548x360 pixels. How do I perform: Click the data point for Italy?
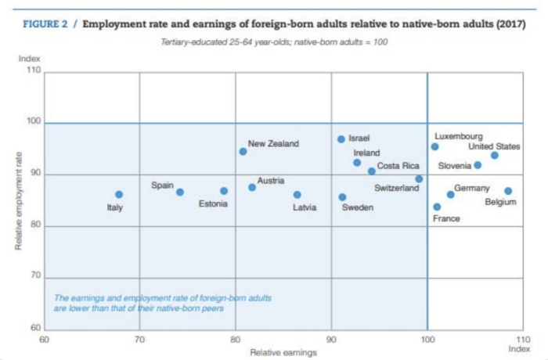coord(119,194)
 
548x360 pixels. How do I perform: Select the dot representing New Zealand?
coord(243,152)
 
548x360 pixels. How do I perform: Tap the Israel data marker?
coord(341,139)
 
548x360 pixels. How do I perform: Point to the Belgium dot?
coord(508,191)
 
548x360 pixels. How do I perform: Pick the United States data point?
coord(495,156)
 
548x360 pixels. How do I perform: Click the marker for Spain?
coord(180,193)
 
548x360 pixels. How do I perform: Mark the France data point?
coord(437,207)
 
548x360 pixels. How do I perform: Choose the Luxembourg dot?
coord(435,146)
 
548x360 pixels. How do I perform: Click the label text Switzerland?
coord(397,189)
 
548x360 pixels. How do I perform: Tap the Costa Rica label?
coord(398,166)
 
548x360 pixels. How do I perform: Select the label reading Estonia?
coord(213,203)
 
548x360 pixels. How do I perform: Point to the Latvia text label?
coord(305,207)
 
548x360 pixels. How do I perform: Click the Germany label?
coord(472,188)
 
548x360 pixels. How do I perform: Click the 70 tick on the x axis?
coord(139,340)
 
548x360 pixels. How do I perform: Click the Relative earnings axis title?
coord(283,352)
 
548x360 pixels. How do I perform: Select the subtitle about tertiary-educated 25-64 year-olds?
coord(273,41)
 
